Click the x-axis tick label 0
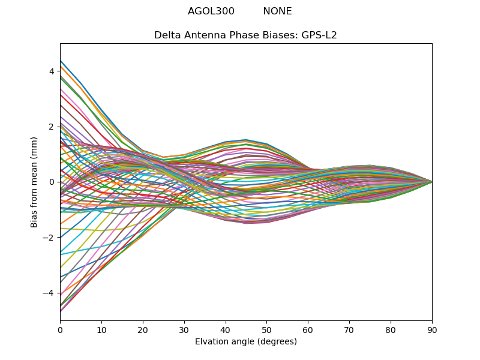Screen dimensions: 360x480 tap(60, 329)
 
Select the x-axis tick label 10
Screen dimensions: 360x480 tap(101, 329)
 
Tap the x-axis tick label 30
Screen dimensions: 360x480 tap(184, 329)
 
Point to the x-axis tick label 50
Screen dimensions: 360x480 tap(266, 329)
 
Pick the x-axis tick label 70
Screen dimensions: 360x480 tap(349, 329)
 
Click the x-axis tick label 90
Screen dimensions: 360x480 tap(432, 329)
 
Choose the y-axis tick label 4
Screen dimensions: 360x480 tap(52, 71)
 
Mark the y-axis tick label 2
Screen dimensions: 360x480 tap(52, 127)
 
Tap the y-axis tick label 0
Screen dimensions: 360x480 tap(52, 182)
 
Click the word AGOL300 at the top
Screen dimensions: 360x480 tap(211, 11)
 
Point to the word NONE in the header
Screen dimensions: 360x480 tap(277, 11)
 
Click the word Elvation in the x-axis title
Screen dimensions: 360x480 tap(212, 341)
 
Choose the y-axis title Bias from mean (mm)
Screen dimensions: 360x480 tap(34, 181)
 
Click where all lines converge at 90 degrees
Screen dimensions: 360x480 tap(431, 182)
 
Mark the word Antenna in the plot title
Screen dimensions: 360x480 tap(203, 35)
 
